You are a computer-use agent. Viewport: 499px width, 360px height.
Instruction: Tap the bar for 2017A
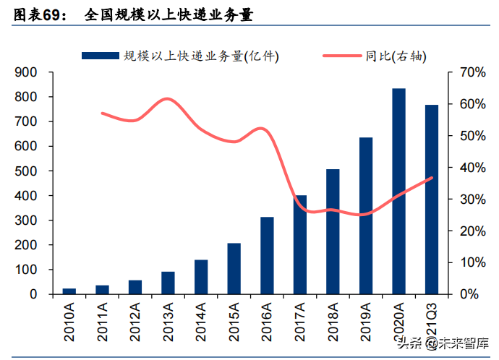(x=299, y=245)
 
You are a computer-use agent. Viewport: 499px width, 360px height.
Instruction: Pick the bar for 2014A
(x=201, y=277)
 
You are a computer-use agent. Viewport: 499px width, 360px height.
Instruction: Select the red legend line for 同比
(x=332, y=55)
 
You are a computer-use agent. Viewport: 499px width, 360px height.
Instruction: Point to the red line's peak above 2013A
(x=168, y=99)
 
